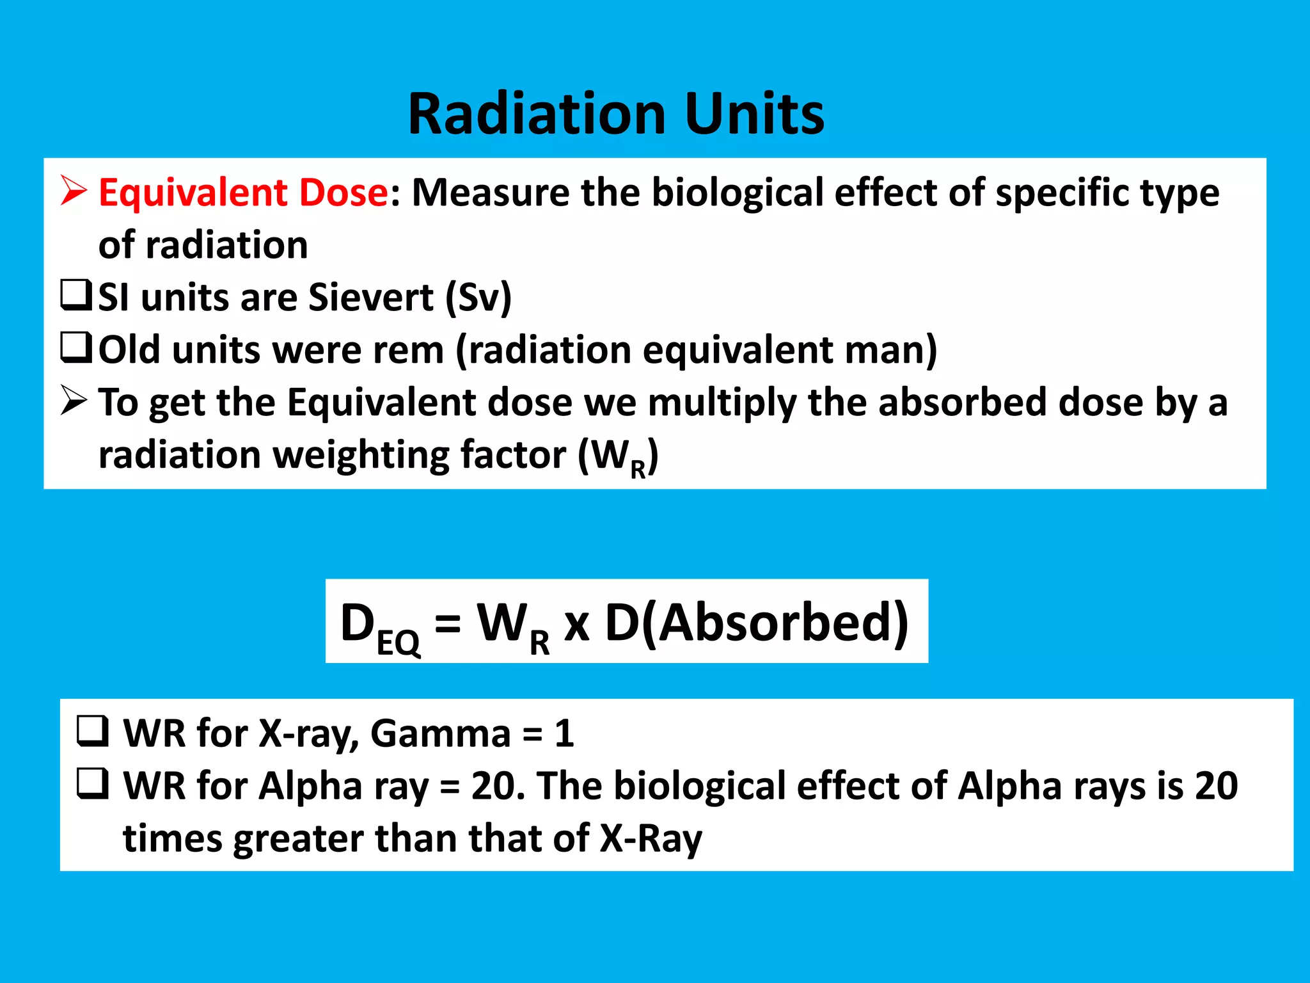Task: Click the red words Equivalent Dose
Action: pos(243,192)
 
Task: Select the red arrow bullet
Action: pos(74,191)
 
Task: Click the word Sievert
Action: pos(371,297)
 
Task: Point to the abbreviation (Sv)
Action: pos(478,297)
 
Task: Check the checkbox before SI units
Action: pos(76,296)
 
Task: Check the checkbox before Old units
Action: pos(76,348)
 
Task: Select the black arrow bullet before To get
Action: pos(74,401)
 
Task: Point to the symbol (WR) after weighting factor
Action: pos(618,456)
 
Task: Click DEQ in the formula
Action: pos(379,625)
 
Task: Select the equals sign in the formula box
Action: pos(447,622)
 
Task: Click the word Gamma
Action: pos(440,733)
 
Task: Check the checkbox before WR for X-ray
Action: pos(92,731)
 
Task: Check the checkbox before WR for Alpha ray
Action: pos(92,784)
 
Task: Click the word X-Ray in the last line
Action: pos(651,838)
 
